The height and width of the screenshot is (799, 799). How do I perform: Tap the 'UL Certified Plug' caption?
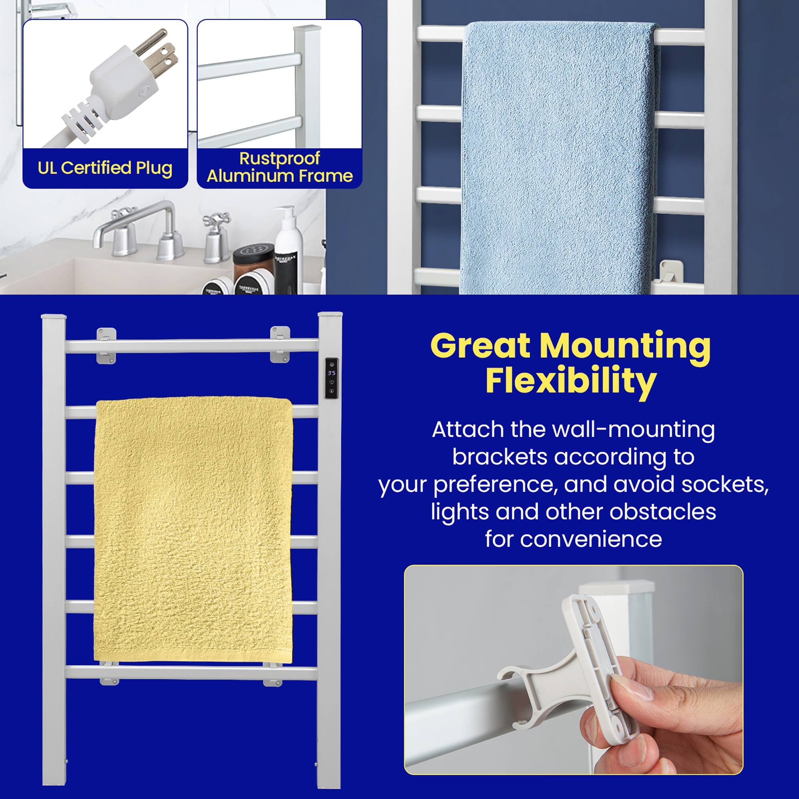click(x=105, y=168)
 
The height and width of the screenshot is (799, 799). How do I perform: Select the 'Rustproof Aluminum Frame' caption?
click(x=280, y=167)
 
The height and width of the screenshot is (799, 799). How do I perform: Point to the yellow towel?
click(x=193, y=529)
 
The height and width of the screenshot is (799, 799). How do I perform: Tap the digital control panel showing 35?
click(x=331, y=378)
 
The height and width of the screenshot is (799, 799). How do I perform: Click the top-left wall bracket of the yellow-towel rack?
click(x=106, y=346)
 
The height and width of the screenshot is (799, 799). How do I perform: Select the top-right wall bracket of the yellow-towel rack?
click(x=280, y=344)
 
